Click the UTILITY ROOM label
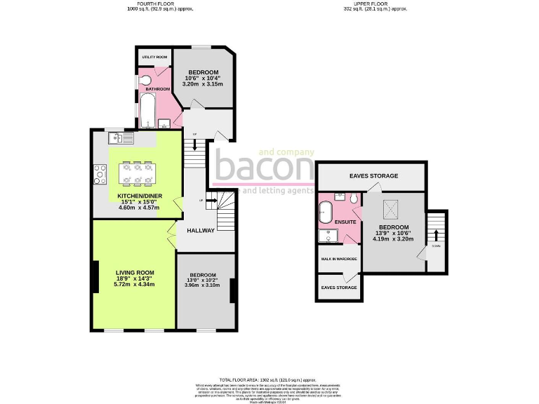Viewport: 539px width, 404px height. [x=154, y=57]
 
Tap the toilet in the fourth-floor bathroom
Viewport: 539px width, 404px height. [x=145, y=80]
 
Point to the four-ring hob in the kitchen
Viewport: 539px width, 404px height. [x=98, y=175]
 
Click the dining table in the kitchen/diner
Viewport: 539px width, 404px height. [x=137, y=173]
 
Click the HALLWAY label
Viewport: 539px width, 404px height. [x=200, y=231]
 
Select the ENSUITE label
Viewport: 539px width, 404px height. [x=344, y=222]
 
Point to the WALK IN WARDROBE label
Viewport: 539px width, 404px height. [x=339, y=259]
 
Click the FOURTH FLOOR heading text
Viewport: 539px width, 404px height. [x=160, y=4]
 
